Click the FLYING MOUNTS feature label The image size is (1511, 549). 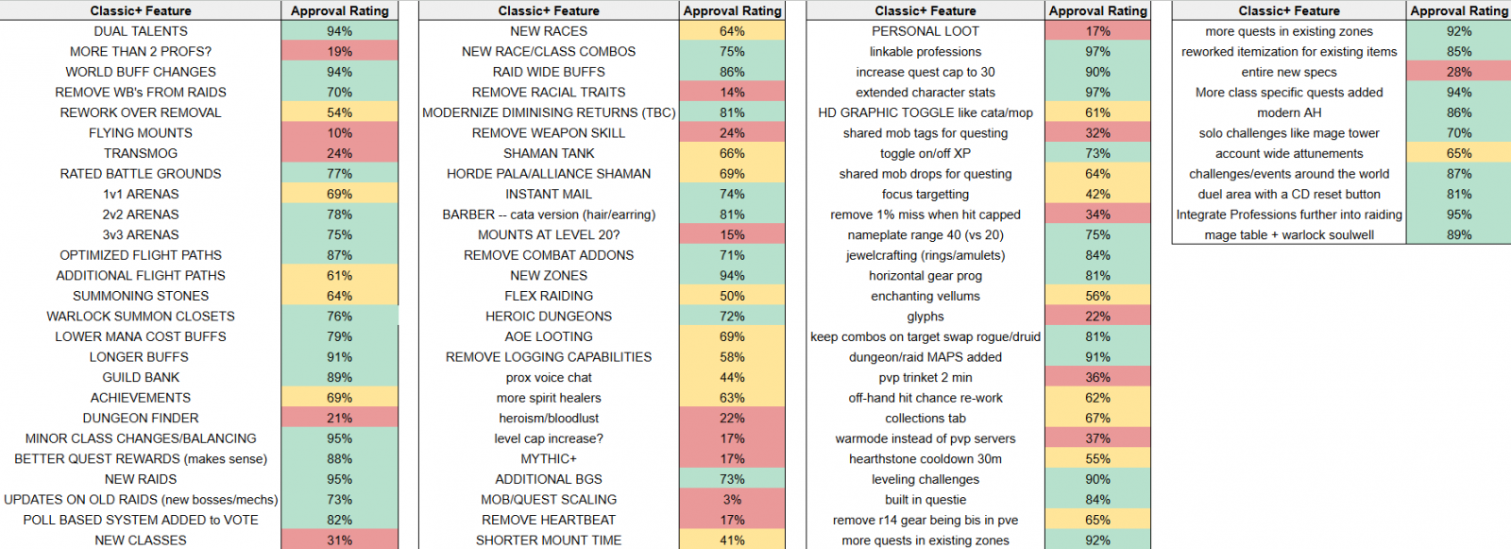coord(141,133)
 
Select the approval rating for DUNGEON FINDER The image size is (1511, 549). coord(339,418)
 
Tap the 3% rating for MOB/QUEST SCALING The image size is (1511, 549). coord(732,500)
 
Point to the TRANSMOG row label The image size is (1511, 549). coord(141,153)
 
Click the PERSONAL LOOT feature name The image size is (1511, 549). coord(925,31)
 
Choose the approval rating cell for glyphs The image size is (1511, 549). coord(1097,316)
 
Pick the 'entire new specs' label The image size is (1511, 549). coord(1288,72)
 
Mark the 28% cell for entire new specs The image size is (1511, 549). coord(1458,72)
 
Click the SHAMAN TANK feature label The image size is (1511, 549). coord(549,153)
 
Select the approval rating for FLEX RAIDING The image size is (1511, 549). coord(732,296)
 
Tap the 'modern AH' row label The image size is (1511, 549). coord(1288,112)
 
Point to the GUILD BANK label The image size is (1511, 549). coord(141,377)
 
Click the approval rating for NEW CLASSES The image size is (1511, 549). coord(339,540)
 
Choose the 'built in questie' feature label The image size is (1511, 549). coord(925,500)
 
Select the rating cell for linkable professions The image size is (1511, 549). coord(1097,51)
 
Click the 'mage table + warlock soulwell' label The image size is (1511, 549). coord(1288,235)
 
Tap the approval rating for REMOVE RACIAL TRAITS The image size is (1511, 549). coord(732,93)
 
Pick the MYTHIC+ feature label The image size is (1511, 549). coord(549,459)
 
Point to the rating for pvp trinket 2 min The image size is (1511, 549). coord(1097,377)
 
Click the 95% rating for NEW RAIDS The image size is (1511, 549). coord(339,479)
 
